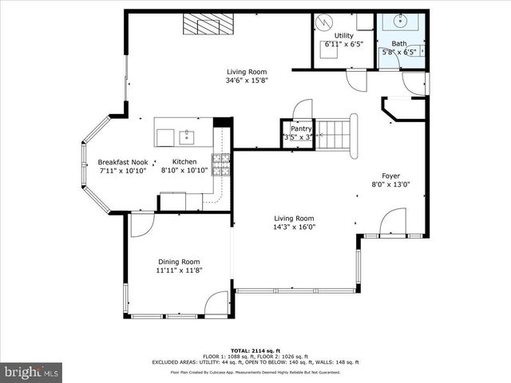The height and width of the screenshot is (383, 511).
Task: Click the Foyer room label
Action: (390, 176)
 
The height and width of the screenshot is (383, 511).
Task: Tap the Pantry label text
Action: (301, 128)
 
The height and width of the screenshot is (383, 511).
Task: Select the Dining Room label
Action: (179, 262)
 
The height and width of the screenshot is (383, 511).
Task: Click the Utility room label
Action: (343, 36)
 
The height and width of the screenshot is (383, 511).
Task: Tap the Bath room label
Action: (398, 44)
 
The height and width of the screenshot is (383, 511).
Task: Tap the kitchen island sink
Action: (187, 136)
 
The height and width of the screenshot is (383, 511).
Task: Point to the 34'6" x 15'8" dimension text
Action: (247, 80)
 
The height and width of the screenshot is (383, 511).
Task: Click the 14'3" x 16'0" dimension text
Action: (295, 227)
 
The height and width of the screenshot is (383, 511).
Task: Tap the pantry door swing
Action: (303, 109)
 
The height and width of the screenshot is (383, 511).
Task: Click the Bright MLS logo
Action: (32, 372)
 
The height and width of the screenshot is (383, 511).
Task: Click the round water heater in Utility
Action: (326, 22)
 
